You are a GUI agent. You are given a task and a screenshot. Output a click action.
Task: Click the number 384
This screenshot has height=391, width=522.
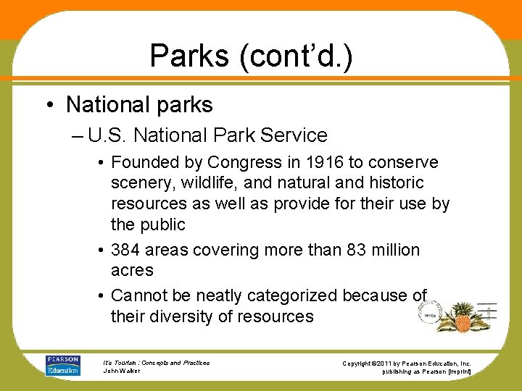[x=125, y=250]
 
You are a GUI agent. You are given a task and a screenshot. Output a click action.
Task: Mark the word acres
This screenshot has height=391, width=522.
[x=132, y=270]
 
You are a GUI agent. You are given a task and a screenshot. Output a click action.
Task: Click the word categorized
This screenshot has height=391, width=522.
[x=292, y=295]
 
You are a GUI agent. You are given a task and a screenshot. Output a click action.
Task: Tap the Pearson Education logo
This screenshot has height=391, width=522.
[x=63, y=365]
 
